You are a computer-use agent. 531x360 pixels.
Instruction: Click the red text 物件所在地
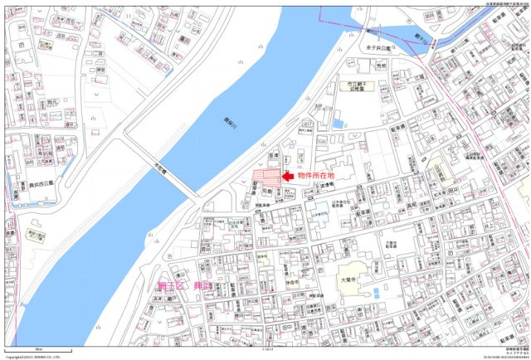click(x=316, y=176)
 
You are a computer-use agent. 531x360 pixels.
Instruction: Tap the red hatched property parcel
click(x=265, y=177)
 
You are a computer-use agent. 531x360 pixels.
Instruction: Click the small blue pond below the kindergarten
click(x=338, y=124)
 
